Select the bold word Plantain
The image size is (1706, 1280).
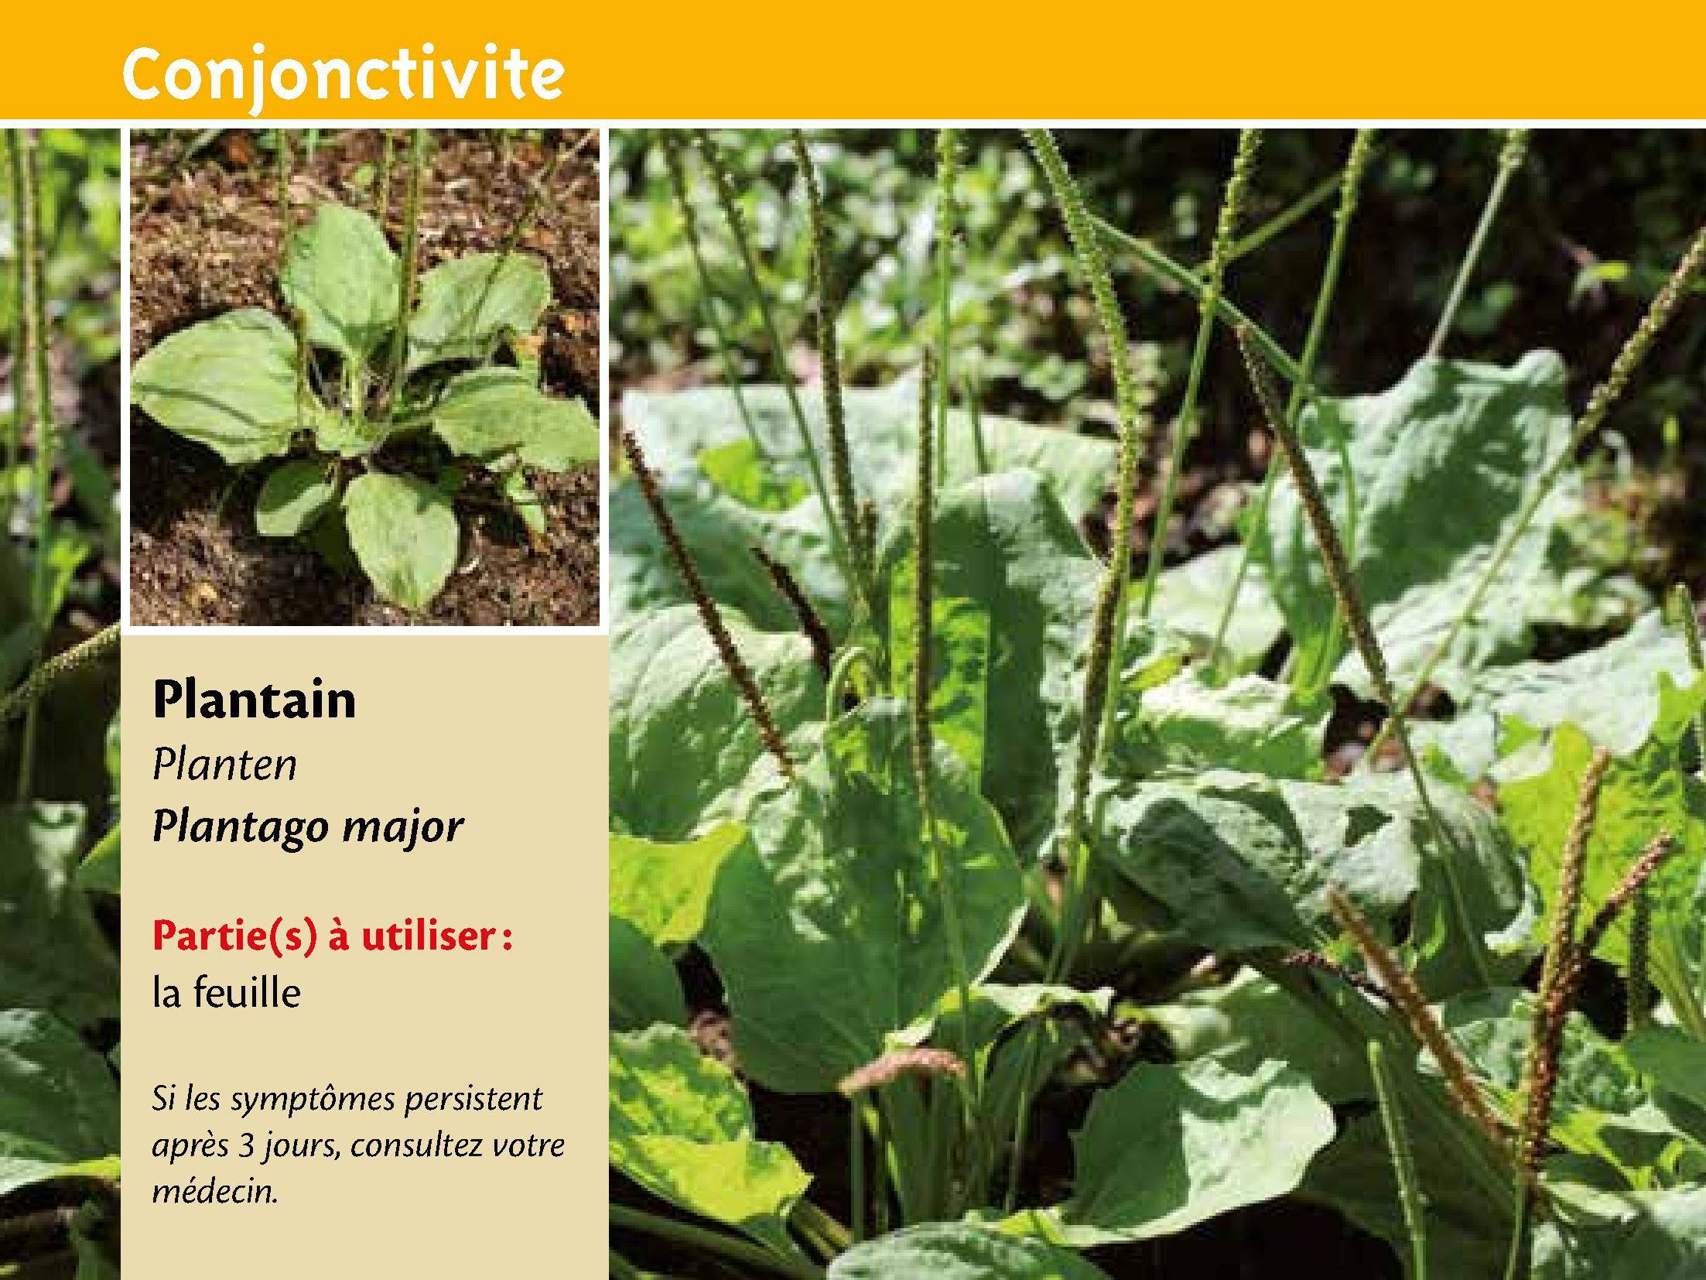pos(255,699)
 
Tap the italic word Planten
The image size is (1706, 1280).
pos(225,765)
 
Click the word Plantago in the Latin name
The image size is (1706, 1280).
pos(242,827)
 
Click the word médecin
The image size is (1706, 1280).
pos(215,1190)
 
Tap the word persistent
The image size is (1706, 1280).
pos(474,1100)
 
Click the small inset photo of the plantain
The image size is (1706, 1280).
pos(364,378)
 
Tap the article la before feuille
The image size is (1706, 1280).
pos(167,993)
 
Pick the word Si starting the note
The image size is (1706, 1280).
pos(162,1100)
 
